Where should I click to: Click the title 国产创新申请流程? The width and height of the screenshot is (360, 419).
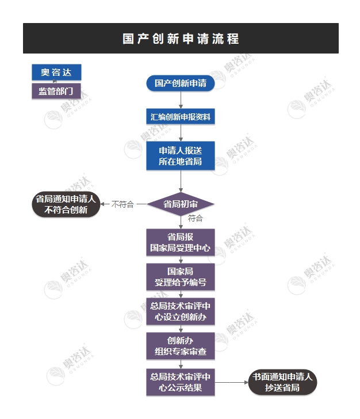[181, 39]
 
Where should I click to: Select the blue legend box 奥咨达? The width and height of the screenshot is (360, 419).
[56, 72]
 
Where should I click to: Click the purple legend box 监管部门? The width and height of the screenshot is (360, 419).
[56, 91]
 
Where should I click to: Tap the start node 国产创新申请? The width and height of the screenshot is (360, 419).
[181, 83]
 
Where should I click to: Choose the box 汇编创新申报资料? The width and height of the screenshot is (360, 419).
[181, 117]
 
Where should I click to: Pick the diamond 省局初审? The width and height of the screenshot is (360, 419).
[181, 204]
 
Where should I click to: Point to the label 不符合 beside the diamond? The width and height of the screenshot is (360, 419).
[122, 204]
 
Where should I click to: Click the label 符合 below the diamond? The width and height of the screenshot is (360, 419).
[196, 219]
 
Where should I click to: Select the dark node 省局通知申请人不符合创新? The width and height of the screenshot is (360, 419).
[66, 204]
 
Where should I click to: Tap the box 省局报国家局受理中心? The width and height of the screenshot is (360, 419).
[181, 243]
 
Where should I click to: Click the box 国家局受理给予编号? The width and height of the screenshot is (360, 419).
[181, 277]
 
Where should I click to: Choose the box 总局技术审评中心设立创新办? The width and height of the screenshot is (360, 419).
[181, 311]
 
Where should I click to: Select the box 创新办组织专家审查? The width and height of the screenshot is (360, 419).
[181, 346]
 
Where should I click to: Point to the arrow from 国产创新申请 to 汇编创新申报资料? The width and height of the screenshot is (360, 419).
[181, 100]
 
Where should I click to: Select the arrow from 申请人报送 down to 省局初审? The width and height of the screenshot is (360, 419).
[181, 181]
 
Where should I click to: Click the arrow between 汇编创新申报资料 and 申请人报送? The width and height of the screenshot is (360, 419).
[181, 133]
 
